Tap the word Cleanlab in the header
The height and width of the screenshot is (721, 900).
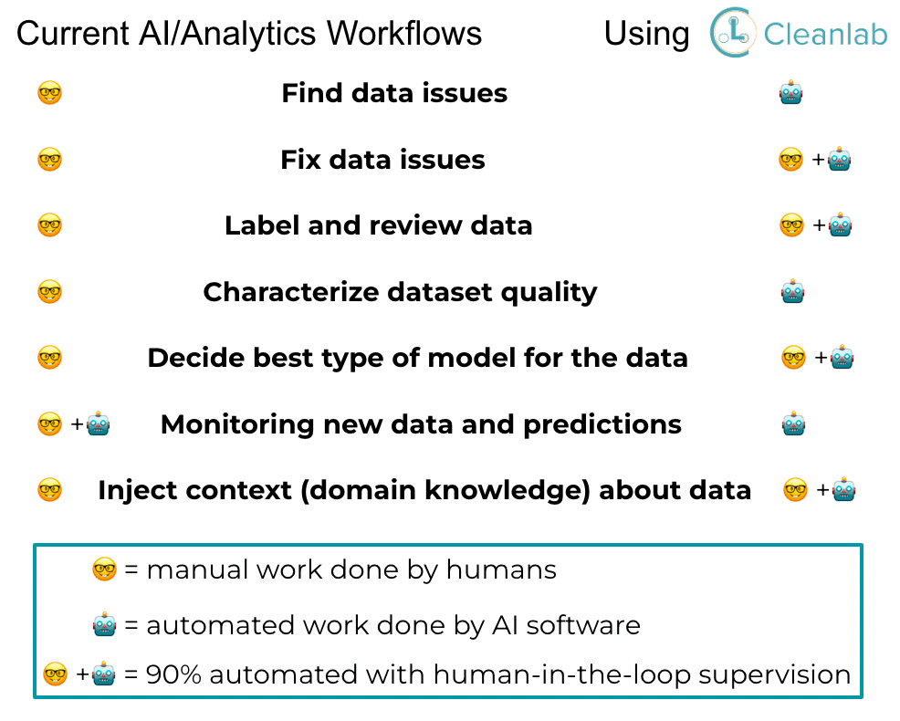click(x=825, y=34)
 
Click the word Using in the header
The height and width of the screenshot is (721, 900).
click(x=646, y=34)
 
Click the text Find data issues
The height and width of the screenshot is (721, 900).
click(x=394, y=93)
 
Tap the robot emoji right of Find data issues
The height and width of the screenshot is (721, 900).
click(x=791, y=93)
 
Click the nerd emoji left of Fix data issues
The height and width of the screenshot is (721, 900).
click(x=49, y=160)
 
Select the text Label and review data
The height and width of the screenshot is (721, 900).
click(x=378, y=225)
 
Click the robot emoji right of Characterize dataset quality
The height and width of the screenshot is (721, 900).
click(x=792, y=292)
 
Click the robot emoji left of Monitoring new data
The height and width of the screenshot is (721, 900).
click(x=99, y=424)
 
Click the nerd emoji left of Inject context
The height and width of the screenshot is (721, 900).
click(x=49, y=491)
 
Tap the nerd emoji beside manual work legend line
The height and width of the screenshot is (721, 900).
click(x=105, y=570)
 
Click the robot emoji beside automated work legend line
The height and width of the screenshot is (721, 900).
click(x=105, y=625)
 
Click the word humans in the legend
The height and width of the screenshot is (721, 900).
click(x=501, y=570)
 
